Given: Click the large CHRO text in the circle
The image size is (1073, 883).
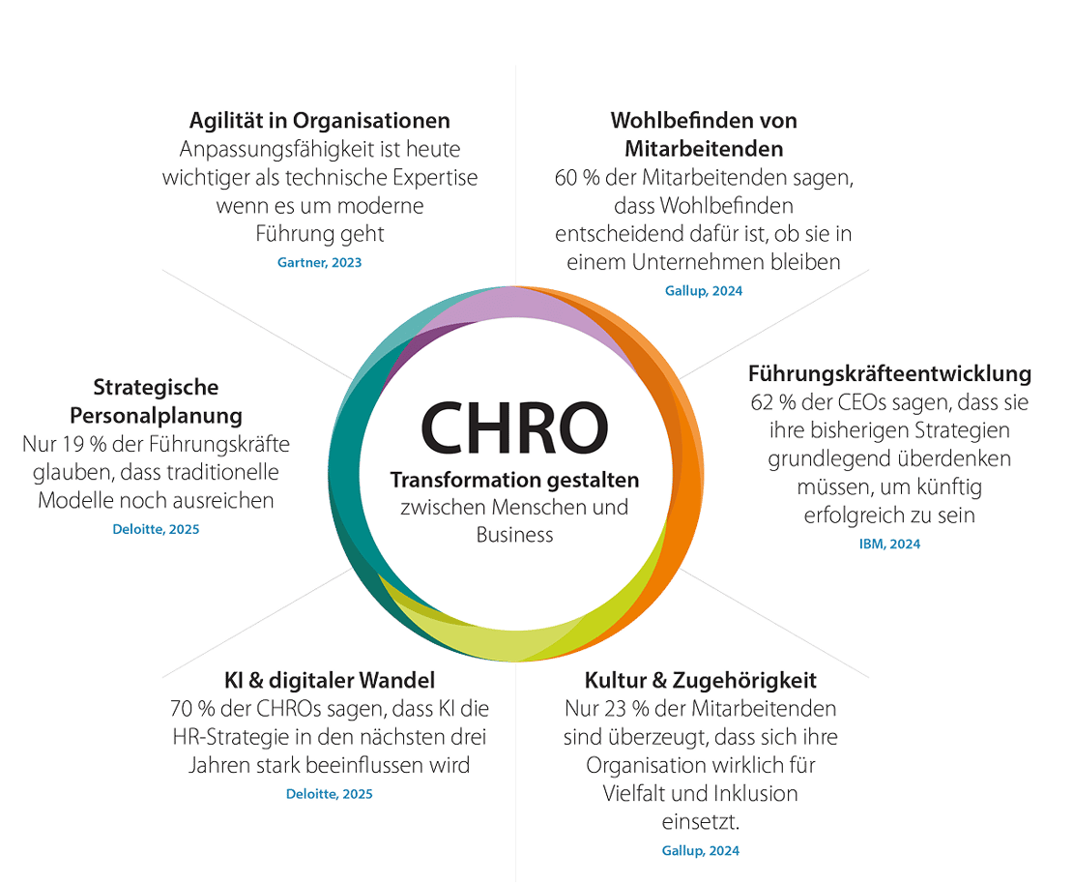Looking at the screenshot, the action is point(514,428).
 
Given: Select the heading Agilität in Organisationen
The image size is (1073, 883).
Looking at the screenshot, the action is point(320,121).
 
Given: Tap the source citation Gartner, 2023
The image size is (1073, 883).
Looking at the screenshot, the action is point(320,262).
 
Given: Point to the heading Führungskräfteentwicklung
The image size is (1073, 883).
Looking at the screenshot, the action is point(889,373).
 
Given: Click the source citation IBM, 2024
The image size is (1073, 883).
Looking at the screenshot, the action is point(889,544).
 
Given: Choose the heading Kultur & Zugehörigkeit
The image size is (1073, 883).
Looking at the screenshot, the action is point(701,681).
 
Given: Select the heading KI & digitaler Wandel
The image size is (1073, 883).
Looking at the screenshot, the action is point(330,681).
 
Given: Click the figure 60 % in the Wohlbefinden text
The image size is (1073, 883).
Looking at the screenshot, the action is point(577,178).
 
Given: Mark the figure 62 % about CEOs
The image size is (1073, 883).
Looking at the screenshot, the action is point(773,402).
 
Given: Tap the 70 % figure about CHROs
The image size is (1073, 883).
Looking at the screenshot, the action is point(192,709).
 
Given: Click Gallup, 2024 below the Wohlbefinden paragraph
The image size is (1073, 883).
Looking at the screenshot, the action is point(704,291).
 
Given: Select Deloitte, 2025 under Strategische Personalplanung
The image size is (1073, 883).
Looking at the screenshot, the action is point(156,529).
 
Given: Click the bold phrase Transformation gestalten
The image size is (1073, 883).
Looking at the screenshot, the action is point(514,480).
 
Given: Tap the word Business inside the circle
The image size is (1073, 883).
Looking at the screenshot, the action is point(514,535).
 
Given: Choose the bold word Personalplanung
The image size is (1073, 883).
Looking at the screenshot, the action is point(156,416).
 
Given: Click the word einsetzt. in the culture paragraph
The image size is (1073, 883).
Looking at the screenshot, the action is point(701,821).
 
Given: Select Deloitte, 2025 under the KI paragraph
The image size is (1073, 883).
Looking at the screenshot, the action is point(330,794).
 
